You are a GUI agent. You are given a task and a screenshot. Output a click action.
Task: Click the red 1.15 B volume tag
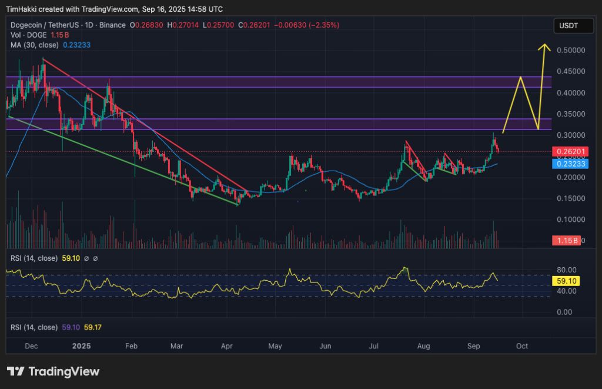click(566, 241)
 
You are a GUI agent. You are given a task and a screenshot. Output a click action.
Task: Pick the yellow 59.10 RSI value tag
click(566, 281)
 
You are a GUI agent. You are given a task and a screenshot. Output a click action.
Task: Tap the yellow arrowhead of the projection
click(545, 47)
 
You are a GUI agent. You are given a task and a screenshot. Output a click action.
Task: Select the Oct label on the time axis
click(522, 347)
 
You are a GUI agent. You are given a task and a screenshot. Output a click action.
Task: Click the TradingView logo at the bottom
click(53, 371)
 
